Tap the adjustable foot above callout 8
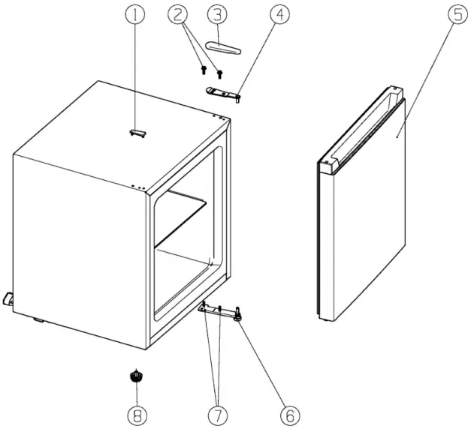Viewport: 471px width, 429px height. click(x=136, y=375)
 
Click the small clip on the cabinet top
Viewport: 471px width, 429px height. click(x=137, y=133)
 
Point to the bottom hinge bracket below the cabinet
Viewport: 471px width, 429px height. click(x=218, y=310)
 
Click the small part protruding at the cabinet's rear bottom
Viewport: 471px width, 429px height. click(x=8, y=299)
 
